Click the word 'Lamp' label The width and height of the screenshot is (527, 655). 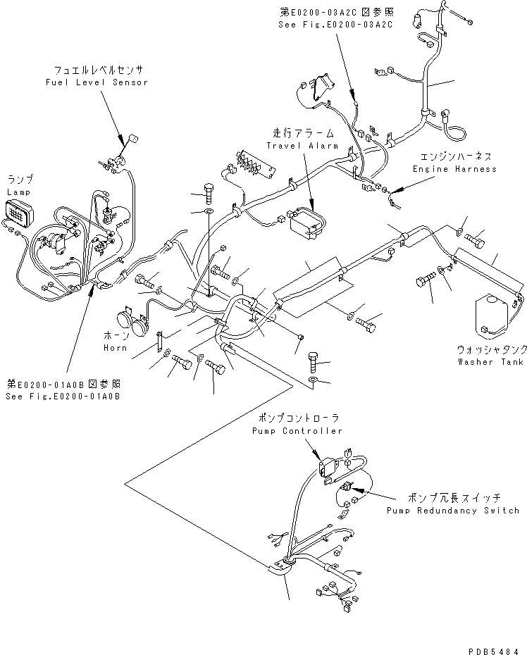click(20, 192)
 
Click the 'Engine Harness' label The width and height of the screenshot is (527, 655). click(454, 169)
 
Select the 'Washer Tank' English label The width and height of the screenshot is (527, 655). click(490, 362)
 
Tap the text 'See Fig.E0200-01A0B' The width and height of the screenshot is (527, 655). click(63, 397)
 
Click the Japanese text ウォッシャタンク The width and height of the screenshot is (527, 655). click(490, 350)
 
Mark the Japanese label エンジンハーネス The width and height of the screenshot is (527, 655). click(455, 156)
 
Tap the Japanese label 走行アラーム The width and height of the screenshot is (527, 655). click(303, 133)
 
